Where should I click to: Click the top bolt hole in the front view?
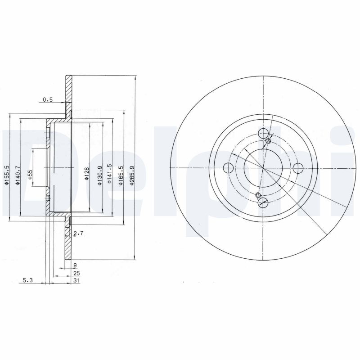tap(264, 133)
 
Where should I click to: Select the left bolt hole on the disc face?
tap(229, 168)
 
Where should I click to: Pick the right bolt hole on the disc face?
tap(298, 168)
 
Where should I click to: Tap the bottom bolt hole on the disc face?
tap(263, 202)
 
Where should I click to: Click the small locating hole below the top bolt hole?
tap(269, 142)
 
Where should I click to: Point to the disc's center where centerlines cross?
tap(263, 168)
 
